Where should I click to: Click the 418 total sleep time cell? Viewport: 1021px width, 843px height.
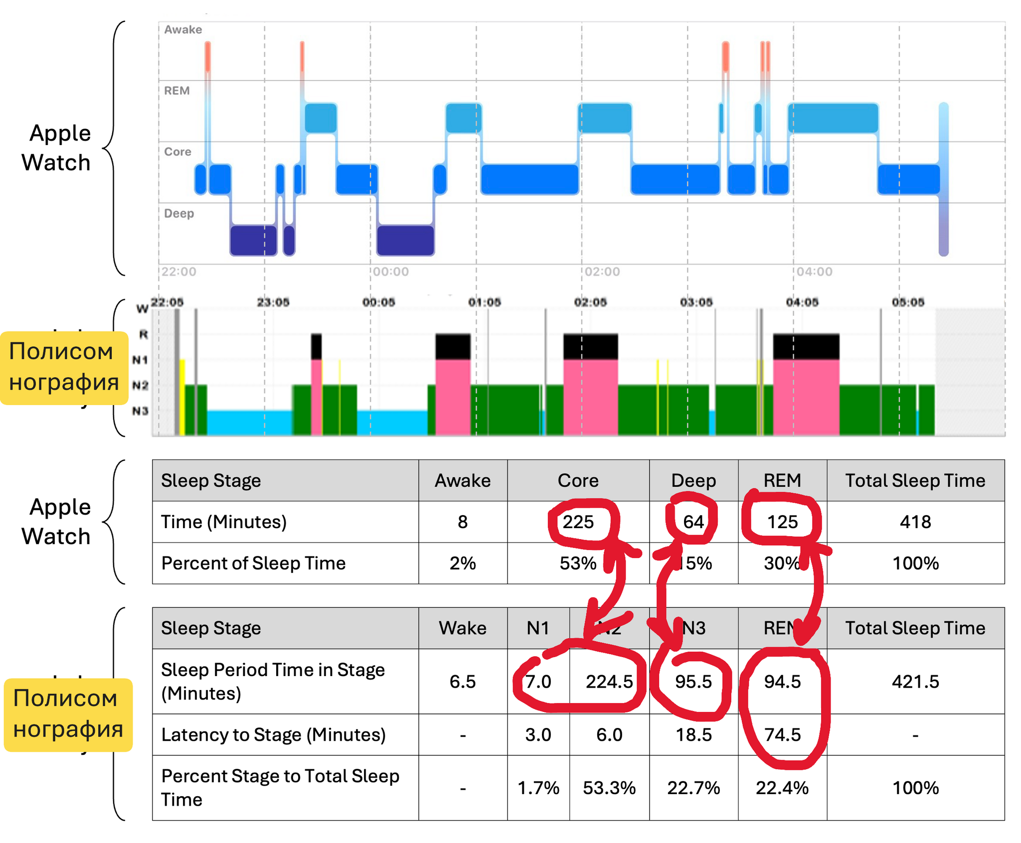click(x=915, y=522)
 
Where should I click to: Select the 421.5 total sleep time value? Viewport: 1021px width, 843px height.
click(x=915, y=681)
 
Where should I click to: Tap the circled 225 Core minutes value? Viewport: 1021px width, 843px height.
click(x=578, y=522)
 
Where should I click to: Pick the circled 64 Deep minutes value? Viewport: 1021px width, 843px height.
click(x=693, y=522)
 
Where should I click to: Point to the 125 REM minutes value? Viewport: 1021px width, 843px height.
click(x=782, y=522)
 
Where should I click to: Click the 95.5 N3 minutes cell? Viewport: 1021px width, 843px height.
click(x=693, y=681)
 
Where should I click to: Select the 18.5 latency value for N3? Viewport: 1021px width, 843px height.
click(x=693, y=734)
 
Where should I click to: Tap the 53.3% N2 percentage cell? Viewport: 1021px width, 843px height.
click(x=609, y=788)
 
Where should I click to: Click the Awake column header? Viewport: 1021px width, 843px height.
click(x=463, y=480)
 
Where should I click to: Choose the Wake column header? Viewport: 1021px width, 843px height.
click(x=463, y=628)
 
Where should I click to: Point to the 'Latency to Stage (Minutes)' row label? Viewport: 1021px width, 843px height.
click(x=273, y=734)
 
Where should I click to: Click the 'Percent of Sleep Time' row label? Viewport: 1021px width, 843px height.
click(x=253, y=563)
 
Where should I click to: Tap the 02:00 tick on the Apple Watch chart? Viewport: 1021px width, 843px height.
click(x=602, y=272)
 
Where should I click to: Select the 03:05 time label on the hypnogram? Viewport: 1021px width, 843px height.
click(x=696, y=302)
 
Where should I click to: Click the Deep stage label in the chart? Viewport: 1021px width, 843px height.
click(x=179, y=213)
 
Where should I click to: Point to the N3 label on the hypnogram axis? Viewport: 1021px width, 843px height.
click(x=140, y=411)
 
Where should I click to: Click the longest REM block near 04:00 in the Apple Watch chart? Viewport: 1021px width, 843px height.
click(x=833, y=118)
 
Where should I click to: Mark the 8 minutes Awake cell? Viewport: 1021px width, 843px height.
click(x=463, y=522)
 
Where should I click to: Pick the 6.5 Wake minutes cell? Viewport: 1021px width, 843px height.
click(x=463, y=681)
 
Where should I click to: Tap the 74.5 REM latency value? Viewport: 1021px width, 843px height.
click(x=782, y=734)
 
